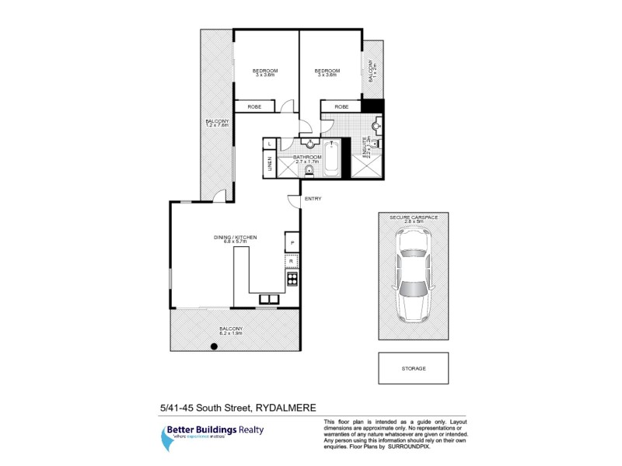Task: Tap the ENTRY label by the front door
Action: click(313, 199)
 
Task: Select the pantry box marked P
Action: click(292, 242)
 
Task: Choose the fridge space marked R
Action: click(292, 262)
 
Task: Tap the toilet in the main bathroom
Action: click(309, 171)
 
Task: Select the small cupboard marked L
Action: click(270, 144)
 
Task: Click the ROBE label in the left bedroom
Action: click(253, 106)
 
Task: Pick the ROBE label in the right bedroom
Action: click(341, 106)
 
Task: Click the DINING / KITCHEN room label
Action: click(236, 237)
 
